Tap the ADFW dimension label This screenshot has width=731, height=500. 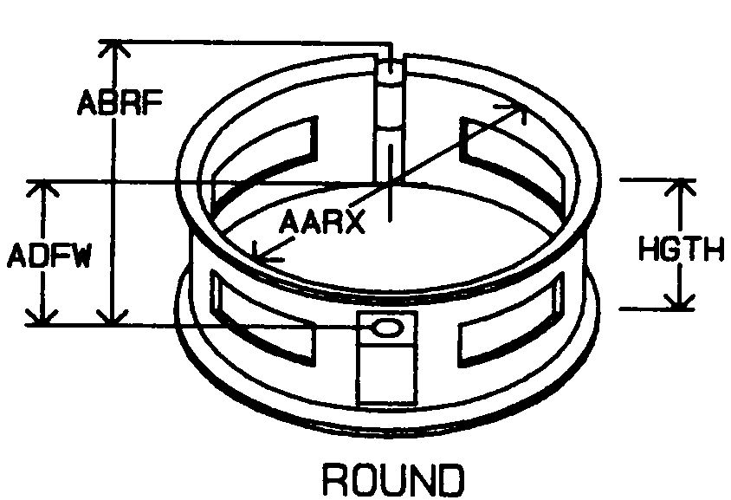click(49, 258)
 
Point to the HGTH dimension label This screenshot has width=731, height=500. click(680, 250)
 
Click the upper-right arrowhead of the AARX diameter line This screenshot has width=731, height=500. click(519, 107)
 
